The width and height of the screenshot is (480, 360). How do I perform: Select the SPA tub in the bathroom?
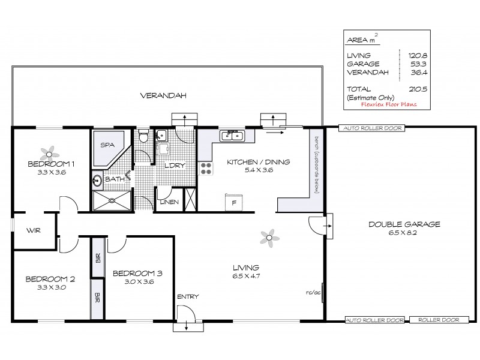[108, 146]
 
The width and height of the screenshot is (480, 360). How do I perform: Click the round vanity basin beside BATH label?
[97, 179]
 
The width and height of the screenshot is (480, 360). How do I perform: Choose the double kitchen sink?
[232, 136]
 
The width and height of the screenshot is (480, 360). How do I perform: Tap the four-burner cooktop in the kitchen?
[206, 169]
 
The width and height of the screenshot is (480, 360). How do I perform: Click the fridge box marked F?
[233, 202]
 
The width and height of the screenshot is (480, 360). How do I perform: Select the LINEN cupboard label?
[169, 202]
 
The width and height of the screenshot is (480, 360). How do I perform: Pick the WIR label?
[33, 230]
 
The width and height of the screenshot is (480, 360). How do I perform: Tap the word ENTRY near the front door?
[187, 297]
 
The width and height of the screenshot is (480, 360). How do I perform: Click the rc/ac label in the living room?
[312, 293]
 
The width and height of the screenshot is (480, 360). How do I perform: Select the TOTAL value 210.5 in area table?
[410, 88]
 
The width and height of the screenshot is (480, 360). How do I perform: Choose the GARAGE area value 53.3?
[410, 64]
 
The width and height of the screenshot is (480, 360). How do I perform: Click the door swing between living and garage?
[317, 225]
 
